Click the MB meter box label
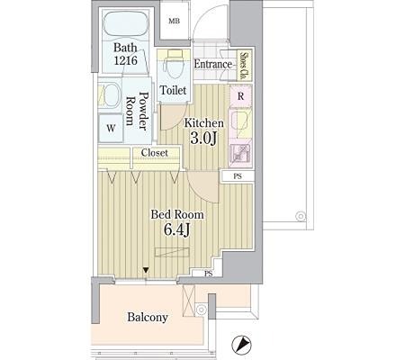click(x=174, y=21)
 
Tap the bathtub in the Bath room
click(x=126, y=24)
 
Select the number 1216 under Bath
click(x=125, y=60)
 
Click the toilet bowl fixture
click(x=174, y=65)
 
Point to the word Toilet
click(x=173, y=90)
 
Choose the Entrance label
click(x=213, y=64)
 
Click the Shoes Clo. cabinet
click(x=245, y=65)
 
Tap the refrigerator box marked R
click(x=240, y=96)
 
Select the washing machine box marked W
click(x=111, y=128)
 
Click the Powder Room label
click(x=138, y=111)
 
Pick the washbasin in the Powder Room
click(x=109, y=95)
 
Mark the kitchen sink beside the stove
click(x=240, y=124)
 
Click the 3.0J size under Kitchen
click(x=203, y=139)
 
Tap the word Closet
click(x=155, y=153)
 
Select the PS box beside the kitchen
click(x=238, y=176)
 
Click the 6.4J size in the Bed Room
click(x=176, y=229)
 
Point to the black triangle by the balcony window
click(x=146, y=270)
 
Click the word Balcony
click(x=148, y=317)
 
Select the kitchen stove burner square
click(x=240, y=156)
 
